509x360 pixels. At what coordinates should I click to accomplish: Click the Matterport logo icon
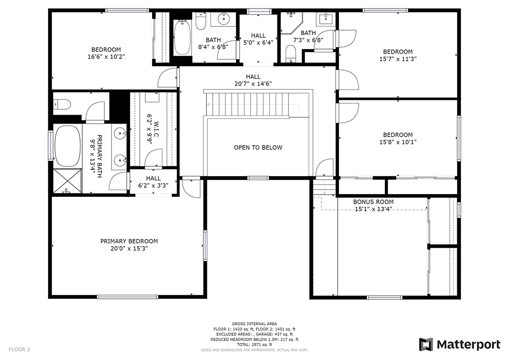[x=426, y=344]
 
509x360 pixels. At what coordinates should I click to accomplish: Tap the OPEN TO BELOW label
[x=258, y=147]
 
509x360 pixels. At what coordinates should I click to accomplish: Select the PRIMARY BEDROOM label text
[x=129, y=241]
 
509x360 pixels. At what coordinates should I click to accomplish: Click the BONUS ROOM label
[x=373, y=202]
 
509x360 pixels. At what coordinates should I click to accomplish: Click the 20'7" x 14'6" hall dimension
[x=253, y=84]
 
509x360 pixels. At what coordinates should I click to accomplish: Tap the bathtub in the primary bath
[x=67, y=146]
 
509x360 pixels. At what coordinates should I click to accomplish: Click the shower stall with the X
[x=67, y=181]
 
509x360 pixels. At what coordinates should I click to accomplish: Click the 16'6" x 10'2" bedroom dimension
[x=106, y=57]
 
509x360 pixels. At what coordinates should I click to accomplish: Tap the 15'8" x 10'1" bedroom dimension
[x=397, y=142]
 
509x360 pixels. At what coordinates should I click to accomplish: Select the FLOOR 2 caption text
[x=19, y=350]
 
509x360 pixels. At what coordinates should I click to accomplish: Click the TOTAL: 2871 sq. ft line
[x=254, y=345]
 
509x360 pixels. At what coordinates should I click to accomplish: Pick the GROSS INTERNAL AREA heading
[x=254, y=324]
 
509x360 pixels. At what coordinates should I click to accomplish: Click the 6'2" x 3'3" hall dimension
[x=153, y=186]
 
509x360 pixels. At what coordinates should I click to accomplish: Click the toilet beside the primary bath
[x=63, y=104]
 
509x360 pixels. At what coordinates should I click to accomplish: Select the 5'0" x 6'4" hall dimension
[x=259, y=43]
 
